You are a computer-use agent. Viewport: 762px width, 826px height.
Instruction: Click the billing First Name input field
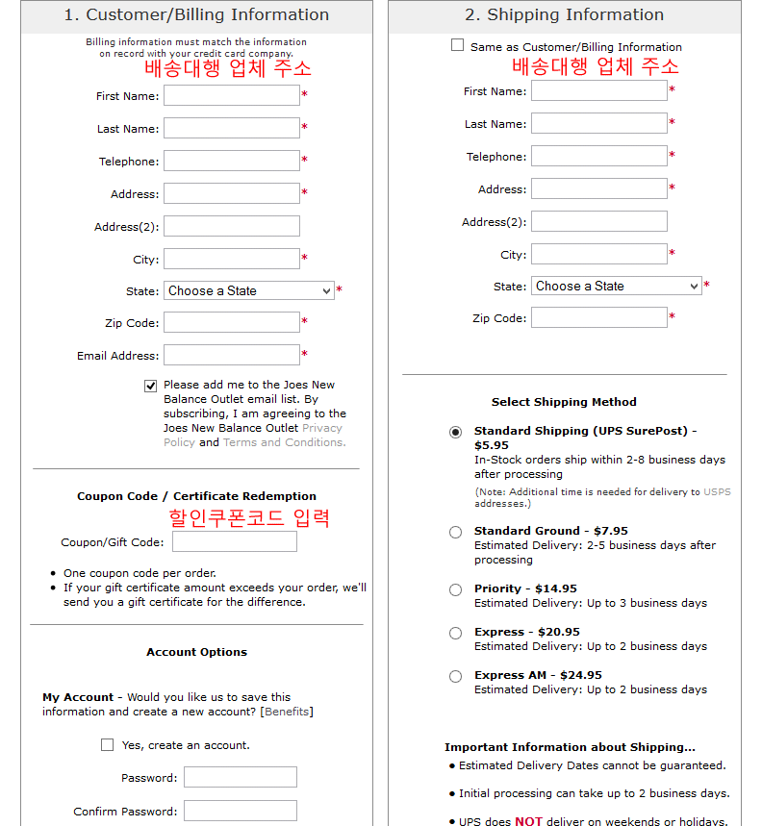231,95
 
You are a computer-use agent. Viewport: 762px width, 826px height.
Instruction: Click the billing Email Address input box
231,355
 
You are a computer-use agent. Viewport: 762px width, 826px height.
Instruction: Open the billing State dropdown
248,290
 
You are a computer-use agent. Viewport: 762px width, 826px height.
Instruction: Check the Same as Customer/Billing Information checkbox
457,45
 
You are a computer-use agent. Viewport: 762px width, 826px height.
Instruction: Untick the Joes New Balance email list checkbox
151,386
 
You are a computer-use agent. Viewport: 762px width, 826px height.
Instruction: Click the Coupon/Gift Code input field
234,541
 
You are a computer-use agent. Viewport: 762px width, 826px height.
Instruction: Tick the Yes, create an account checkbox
107,744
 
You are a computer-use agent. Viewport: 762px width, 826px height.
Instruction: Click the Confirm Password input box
240,811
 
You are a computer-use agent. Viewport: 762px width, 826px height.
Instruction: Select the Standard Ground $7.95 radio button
455,532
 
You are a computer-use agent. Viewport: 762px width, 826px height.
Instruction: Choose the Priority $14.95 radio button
455,589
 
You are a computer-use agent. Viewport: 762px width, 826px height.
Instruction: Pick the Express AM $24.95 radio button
455,676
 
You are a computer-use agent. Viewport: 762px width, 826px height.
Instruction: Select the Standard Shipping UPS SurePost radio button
455,432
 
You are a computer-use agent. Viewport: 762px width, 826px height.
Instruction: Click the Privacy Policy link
321,428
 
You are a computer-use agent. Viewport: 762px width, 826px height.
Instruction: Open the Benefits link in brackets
287,712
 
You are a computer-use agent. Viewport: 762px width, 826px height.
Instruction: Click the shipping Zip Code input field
598,317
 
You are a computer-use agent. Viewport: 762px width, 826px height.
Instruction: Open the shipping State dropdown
616,286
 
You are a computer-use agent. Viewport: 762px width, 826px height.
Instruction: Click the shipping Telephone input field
598,156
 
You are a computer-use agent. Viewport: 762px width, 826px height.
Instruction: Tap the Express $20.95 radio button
455,633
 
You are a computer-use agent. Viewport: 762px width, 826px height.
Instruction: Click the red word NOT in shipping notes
528,821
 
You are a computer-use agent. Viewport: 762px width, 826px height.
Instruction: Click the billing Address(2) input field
231,226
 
